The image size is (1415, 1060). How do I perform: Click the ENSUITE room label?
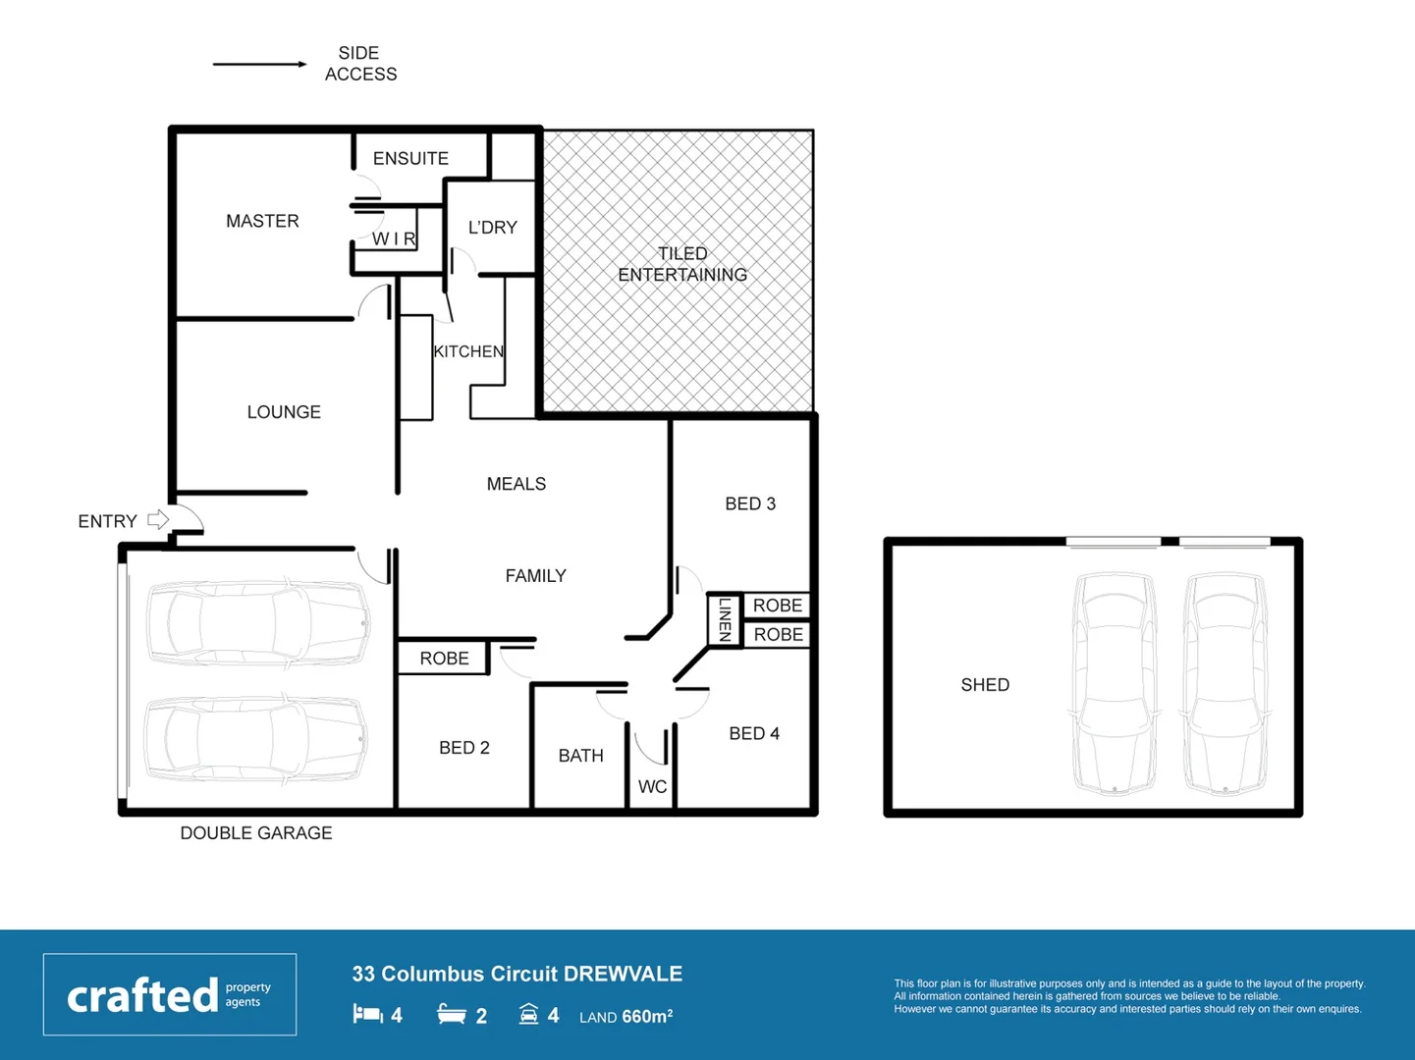click(x=410, y=158)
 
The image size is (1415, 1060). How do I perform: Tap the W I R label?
click(x=394, y=238)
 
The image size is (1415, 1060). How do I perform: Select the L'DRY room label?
click(x=492, y=227)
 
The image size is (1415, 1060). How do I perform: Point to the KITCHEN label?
click(x=468, y=351)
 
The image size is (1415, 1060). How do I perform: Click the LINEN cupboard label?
click(x=725, y=619)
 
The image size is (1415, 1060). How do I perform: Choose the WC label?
click(x=652, y=786)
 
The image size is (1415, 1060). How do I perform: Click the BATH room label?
click(x=580, y=756)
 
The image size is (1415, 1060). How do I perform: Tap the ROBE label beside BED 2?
click(x=444, y=659)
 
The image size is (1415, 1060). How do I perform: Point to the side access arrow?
click(x=260, y=65)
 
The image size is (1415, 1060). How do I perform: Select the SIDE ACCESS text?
click(x=360, y=64)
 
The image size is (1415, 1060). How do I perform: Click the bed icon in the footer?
click(x=367, y=1014)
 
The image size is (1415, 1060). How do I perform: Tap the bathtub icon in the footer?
click(x=452, y=1014)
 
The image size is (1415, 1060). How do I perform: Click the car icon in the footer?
click(x=528, y=1014)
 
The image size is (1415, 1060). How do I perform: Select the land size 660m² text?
click(x=626, y=1017)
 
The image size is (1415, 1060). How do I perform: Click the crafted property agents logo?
click(x=170, y=994)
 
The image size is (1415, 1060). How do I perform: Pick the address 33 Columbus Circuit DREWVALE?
click(x=517, y=974)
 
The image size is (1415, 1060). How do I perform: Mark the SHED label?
click(x=985, y=685)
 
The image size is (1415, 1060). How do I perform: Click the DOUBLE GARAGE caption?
click(x=255, y=833)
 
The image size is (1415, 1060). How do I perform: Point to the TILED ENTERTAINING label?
click(x=682, y=264)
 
